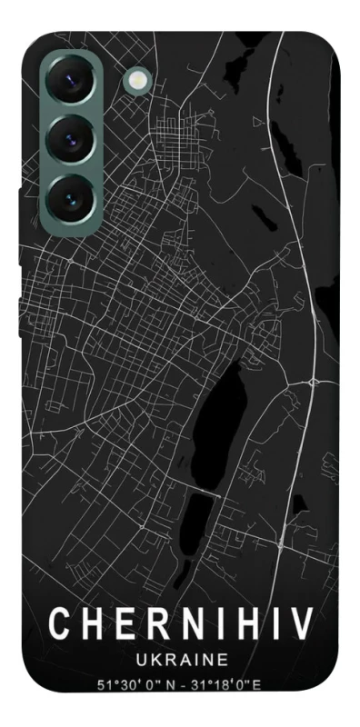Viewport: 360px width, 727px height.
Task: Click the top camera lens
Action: point(67,84)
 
